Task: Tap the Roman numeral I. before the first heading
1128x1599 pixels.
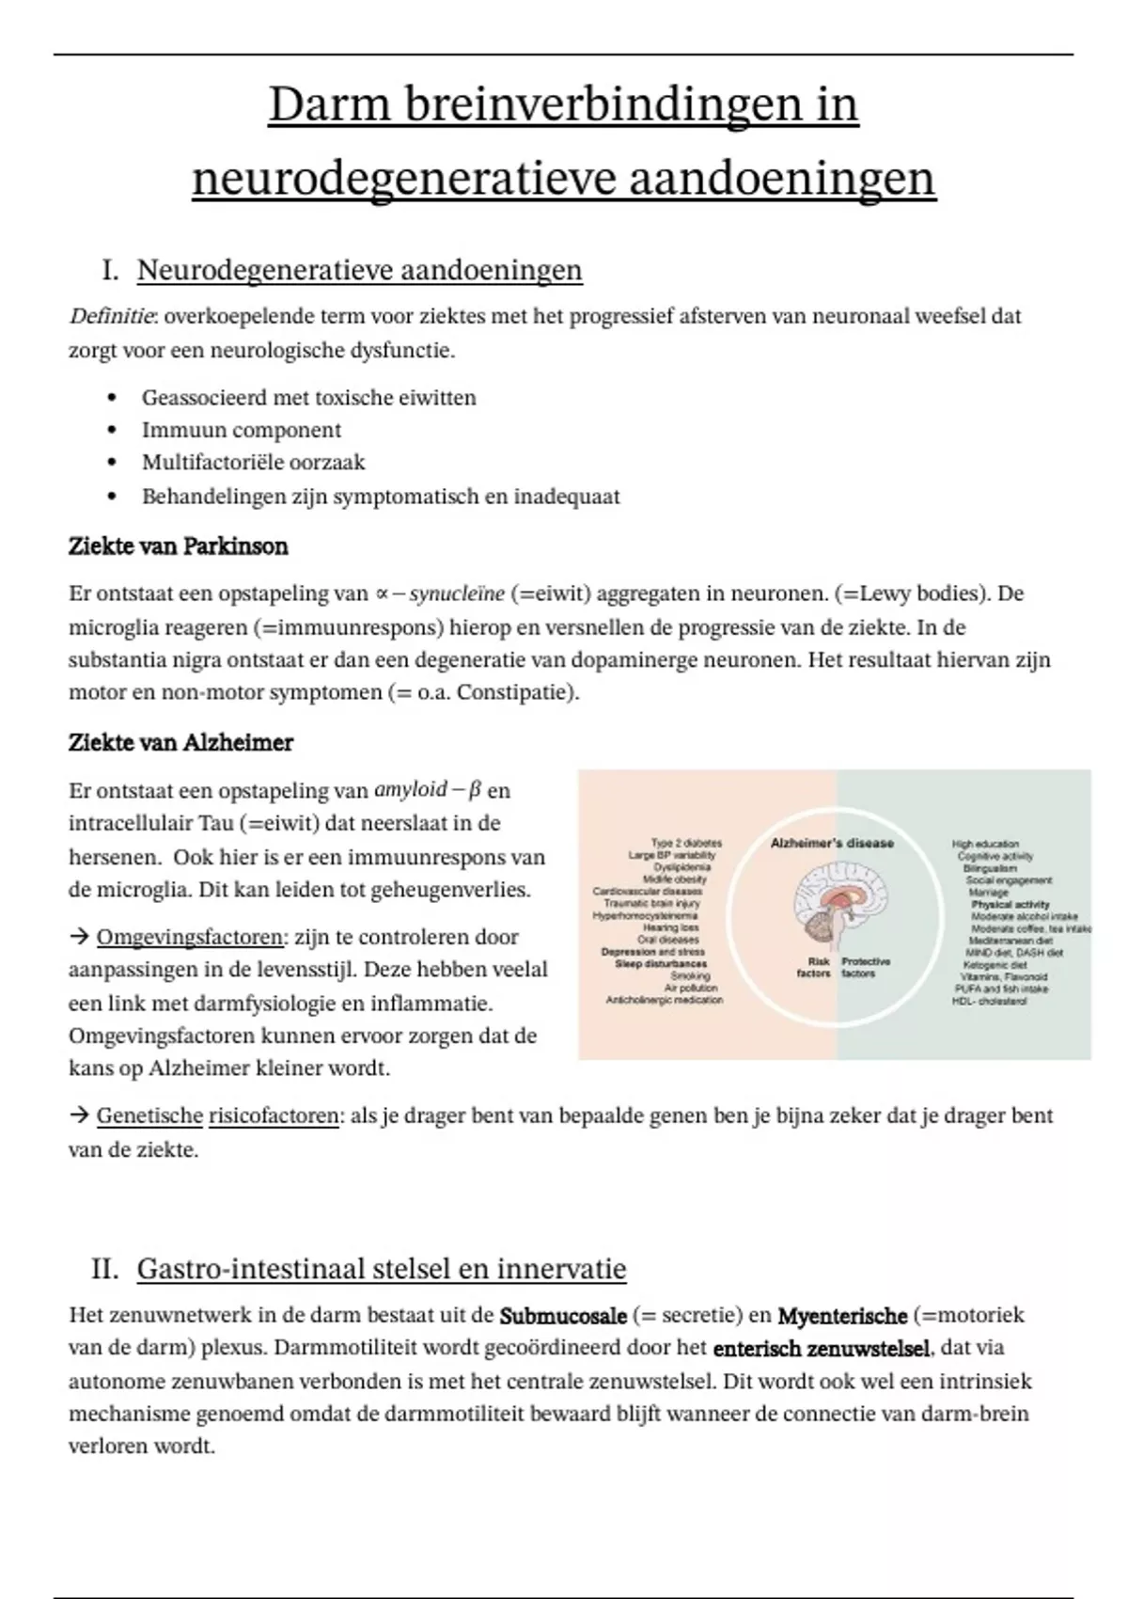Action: point(110,271)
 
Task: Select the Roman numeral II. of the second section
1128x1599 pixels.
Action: point(104,1269)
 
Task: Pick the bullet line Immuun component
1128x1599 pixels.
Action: point(242,430)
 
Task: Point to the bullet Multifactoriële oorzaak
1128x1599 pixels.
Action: point(253,463)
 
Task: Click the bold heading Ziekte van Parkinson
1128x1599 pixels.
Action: point(178,546)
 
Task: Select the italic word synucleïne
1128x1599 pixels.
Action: point(458,594)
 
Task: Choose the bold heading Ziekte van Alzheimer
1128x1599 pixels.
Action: point(180,743)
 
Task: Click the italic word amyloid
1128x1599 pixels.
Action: point(411,790)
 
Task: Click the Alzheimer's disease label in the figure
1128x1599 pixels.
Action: point(832,844)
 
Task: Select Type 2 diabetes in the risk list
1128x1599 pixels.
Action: point(686,844)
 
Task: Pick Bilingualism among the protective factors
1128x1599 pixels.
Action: point(990,868)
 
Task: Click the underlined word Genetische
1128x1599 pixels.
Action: point(149,1116)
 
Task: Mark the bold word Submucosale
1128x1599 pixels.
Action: point(563,1316)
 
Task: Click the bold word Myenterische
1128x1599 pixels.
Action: point(842,1316)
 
